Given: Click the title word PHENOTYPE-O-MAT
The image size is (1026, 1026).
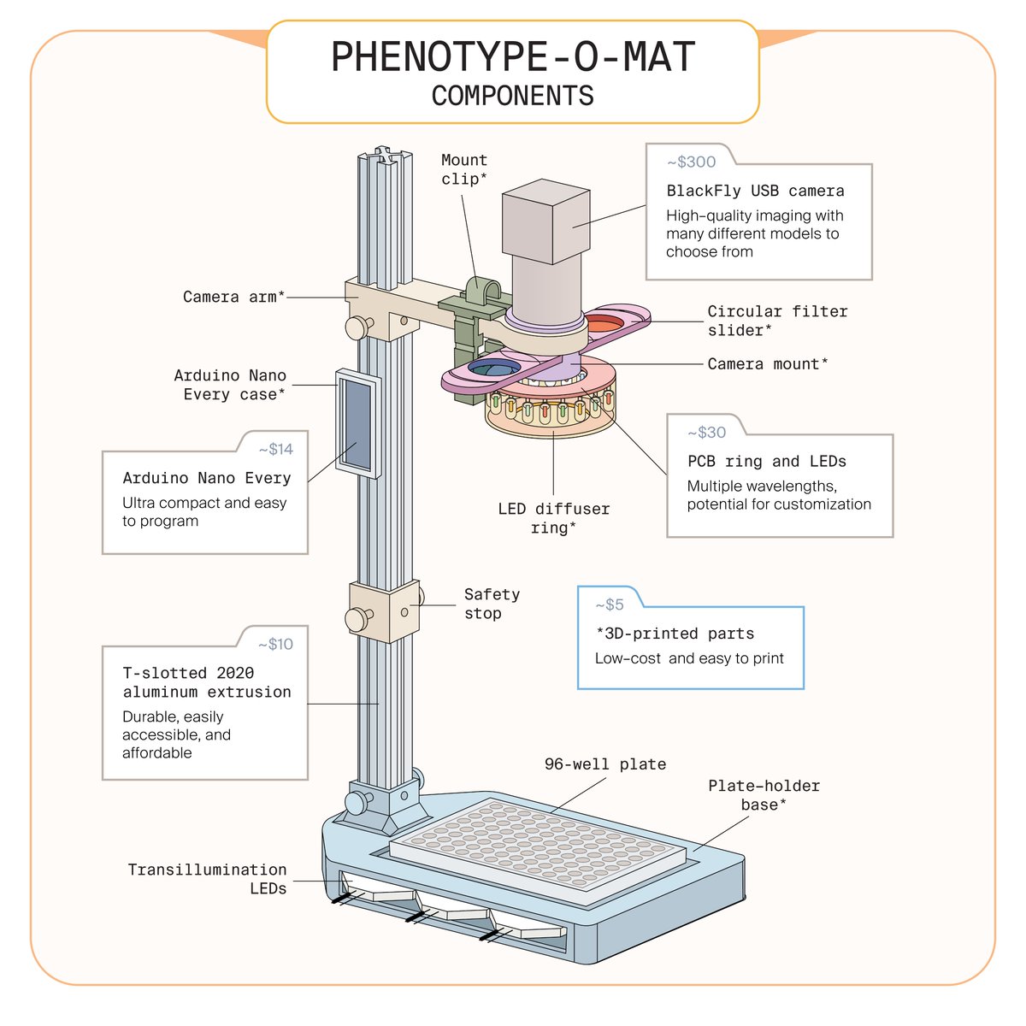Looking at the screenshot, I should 513,58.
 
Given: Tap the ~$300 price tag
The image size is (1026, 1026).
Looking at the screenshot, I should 691,162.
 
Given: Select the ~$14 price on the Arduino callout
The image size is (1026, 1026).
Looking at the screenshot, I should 275,449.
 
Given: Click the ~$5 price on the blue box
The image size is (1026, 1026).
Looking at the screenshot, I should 610,604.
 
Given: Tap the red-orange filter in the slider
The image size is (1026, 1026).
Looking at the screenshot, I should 605,322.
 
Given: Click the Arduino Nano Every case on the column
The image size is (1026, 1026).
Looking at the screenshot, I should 357,422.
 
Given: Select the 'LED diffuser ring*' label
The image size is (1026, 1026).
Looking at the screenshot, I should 553,518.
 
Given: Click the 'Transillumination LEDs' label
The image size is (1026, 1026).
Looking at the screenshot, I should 208,879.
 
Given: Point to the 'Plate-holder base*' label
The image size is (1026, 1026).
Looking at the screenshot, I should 764,794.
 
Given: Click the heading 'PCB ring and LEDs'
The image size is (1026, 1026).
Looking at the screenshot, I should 766,462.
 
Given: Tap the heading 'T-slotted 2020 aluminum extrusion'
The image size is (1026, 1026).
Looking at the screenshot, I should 206,682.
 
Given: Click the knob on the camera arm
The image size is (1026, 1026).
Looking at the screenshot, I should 358,327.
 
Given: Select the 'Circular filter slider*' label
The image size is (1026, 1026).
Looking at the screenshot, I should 776,321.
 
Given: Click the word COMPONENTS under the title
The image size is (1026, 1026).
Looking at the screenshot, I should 512,96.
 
